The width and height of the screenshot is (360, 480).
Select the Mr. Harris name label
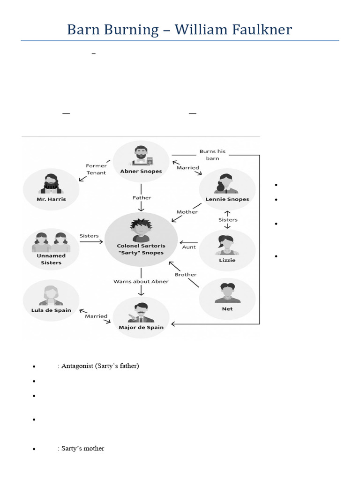pyautogui.click(x=51, y=199)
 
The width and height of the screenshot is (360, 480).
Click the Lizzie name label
pyautogui.click(x=227, y=260)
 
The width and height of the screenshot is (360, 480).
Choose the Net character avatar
pyautogui.click(x=227, y=293)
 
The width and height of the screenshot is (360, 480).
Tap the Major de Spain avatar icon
pyautogui.click(x=141, y=312)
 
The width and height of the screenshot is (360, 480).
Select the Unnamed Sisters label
pyautogui.click(x=51, y=259)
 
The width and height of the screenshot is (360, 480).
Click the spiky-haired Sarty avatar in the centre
pyautogui.click(x=141, y=230)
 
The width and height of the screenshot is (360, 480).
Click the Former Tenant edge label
pyautogui.click(x=96, y=169)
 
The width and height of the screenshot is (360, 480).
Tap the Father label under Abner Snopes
pyautogui.click(x=141, y=198)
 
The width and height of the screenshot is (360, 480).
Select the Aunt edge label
pyautogui.click(x=189, y=247)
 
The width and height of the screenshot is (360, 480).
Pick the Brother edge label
pyautogui.click(x=186, y=274)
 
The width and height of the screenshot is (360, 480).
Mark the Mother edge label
pyautogui.click(x=187, y=212)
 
